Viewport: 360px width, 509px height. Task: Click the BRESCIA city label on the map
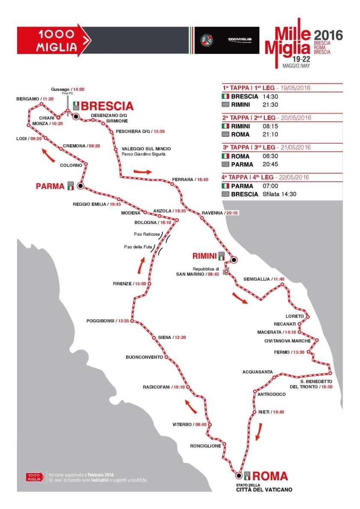[107, 105]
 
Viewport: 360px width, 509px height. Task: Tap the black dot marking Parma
[80, 186]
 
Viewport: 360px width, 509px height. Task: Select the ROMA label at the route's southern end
[270, 476]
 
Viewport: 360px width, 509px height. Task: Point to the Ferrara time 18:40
[203, 180]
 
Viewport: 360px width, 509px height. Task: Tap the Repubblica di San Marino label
[199, 271]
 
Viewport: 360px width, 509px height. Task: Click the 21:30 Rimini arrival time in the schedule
[271, 104]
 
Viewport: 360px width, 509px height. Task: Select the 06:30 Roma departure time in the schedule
[271, 156]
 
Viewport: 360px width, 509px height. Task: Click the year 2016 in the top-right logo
[329, 34]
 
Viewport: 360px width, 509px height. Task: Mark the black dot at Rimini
[234, 259]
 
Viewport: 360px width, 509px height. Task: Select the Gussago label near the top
[60, 90]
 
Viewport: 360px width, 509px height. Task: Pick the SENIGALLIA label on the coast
[257, 279]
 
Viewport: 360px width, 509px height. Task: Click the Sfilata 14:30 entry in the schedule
[279, 194]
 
